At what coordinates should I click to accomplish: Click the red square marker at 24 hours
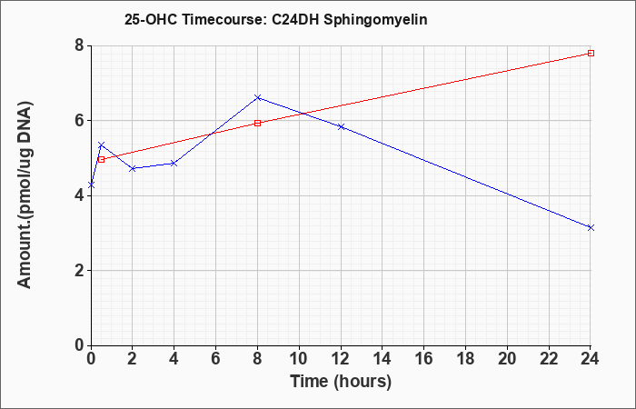591,53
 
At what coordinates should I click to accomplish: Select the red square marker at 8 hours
257,124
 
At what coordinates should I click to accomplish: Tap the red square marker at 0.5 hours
102,159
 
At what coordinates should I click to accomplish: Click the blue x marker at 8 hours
257,97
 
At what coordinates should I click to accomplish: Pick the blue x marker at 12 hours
341,126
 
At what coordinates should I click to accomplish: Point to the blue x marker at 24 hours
591,227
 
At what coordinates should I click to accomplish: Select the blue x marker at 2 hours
133,168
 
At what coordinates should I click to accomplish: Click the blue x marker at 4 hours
174,164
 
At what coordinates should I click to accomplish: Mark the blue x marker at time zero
91,185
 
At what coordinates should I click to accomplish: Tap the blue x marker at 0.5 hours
102,145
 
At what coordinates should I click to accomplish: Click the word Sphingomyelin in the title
375,20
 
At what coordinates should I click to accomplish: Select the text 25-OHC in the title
151,20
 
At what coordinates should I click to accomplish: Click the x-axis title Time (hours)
341,382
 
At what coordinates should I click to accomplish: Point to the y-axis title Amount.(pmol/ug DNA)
25,195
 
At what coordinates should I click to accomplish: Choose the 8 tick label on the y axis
80,45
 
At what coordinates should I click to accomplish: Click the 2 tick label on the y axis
80,271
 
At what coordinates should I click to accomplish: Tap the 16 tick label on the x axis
424,359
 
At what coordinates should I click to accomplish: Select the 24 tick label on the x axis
591,359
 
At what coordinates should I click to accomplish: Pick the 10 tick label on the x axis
299,359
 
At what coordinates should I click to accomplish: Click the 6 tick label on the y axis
80,121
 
